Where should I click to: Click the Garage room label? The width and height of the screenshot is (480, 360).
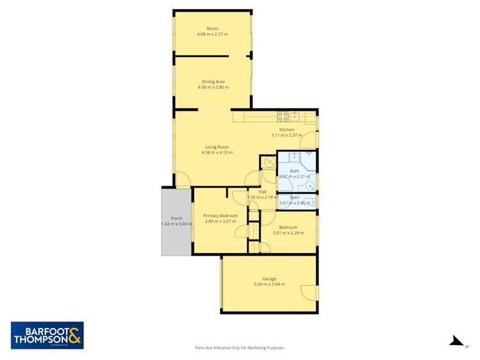pyautogui.click(x=269, y=279)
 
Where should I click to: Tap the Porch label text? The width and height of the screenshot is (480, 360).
pyautogui.click(x=176, y=218)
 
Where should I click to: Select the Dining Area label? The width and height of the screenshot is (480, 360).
pyautogui.click(x=213, y=81)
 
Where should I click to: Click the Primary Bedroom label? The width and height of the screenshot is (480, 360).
pyautogui.click(x=220, y=216)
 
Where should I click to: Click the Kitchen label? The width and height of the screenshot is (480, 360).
pyautogui.click(x=286, y=129)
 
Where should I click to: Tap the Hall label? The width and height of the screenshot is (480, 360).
pyautogui.click(x=262, y=192)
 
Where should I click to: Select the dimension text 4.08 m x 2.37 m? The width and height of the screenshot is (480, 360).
pyautogui.click(x=213, y=34)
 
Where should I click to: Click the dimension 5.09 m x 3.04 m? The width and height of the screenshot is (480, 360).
pyautogui.click(x=269, y=284)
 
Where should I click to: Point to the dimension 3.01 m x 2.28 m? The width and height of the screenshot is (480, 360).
pyautogui.click(x=288, y=233)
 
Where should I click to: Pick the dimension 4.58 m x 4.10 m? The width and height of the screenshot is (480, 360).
pyautogui.click(x=217, y=152)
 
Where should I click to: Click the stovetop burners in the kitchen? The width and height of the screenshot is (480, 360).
pyautogui.click(x=282, y=116)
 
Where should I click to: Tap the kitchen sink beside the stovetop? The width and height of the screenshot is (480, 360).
pyautogui.click(x=295, y=116)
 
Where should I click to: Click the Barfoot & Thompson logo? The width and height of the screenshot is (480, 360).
pyautogui.click(x=47, y=335)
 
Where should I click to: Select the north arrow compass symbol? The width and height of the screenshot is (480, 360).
pyautogui.click(x=456, y=340)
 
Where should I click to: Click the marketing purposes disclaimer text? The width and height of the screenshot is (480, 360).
pyautogui.click(x=240, y=347)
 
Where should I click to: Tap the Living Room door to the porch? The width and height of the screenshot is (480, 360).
pyautogui.click(x=182, y=180)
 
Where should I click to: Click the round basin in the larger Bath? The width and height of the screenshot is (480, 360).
pyautogui.click(x=310, y=186)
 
